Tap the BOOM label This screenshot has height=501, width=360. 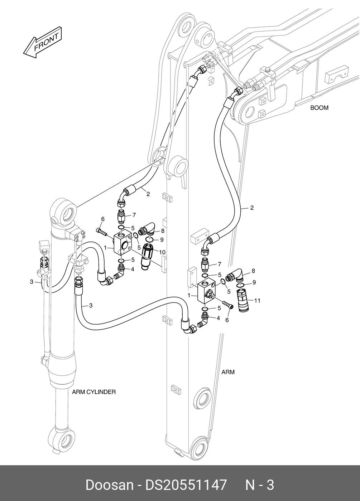coord(319,107)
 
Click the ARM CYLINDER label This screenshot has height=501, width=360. coord(94,392)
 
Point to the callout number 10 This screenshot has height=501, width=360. coord(162,252)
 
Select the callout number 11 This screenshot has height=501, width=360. coord(257,301)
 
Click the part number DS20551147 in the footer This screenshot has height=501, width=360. coord(186,485)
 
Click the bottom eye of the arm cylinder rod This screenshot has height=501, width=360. coord(62,439)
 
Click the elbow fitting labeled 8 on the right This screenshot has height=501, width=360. coord(235,276)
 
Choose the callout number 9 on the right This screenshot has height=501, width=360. coord(254,282)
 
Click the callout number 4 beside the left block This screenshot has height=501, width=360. coord(133,269)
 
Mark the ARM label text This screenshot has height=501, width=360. coord(228,372)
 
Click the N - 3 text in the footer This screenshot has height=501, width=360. coord(259,485)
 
